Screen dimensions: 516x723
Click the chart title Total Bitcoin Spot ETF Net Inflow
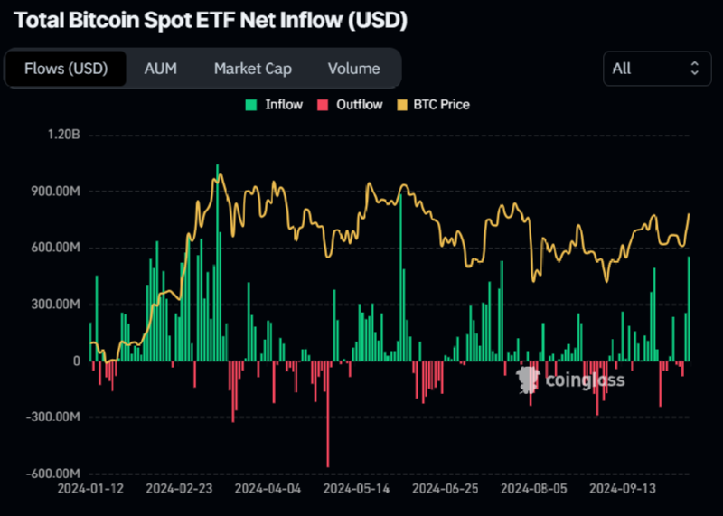pyautogui.click(x=210, y=20)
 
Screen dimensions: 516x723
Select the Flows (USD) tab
pyautogui.click(x=66, y=69)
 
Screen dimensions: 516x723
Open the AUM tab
pyautogui.click(x=161, y=69)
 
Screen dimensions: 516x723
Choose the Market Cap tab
pyautogui.click(x=252, y=69)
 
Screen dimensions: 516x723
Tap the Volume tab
pyautogui.click(x=353, y=69)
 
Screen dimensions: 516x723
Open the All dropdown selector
pyautogui.click(x=656, y=69)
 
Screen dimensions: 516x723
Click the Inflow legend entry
pyautogui.click(x=275, y=105)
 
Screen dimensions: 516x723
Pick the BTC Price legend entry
pyautogui.click(x=433, y=105)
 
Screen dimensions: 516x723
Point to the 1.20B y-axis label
pyautogui.click(x=63, y=136)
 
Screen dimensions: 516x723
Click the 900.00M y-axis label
pyautogui.click(x=56, y=192)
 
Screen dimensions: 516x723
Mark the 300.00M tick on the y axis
pyautogui.click(x=56, y=305)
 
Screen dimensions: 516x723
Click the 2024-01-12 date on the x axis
pyautogui.click(x=91, y=488)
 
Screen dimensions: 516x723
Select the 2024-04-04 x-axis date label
pyautogui.click(x=268, y=488)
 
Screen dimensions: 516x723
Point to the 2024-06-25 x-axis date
pyautogui.click(x=445, y=488)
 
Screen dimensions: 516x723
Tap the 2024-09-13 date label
pyautogui.click(x=622, y=488)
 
